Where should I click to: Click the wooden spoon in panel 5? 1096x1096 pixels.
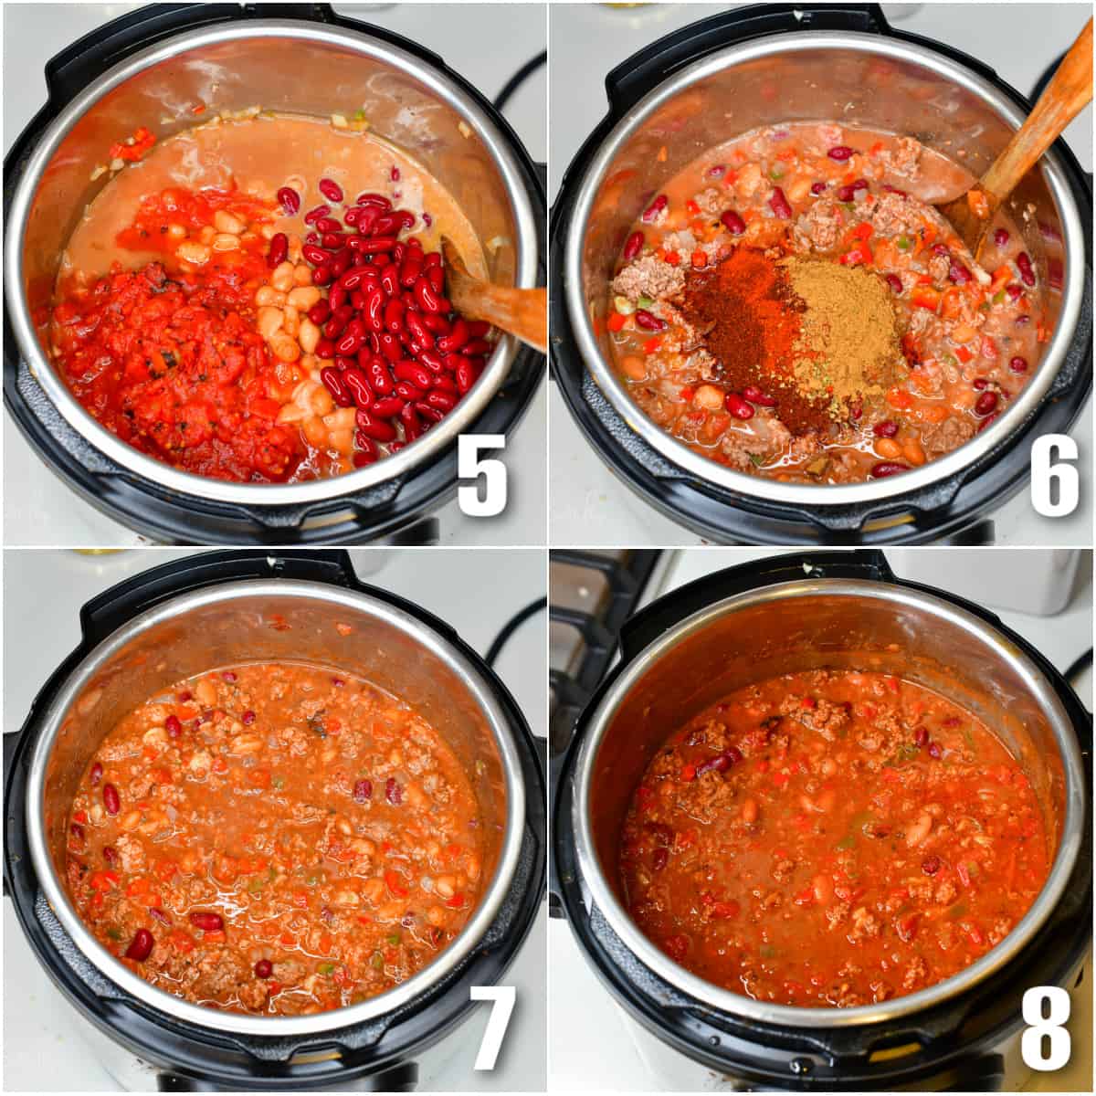point(498,297)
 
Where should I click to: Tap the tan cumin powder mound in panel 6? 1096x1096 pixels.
point(840,320)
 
